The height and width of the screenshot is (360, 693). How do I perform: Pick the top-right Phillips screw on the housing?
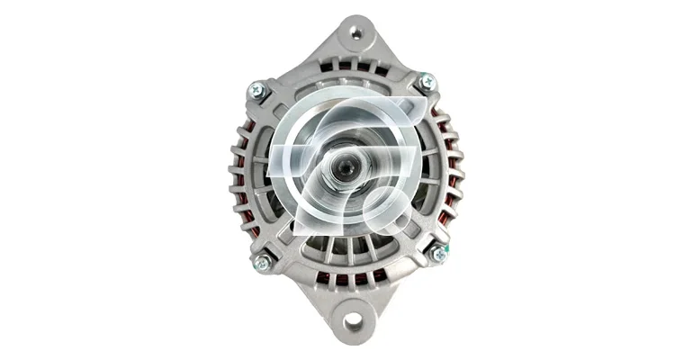pos(427,82)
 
